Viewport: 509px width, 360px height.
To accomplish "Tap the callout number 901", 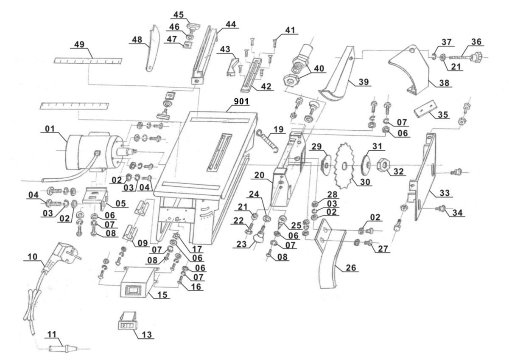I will [240, 102].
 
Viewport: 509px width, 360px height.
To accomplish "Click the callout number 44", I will [231, 24].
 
